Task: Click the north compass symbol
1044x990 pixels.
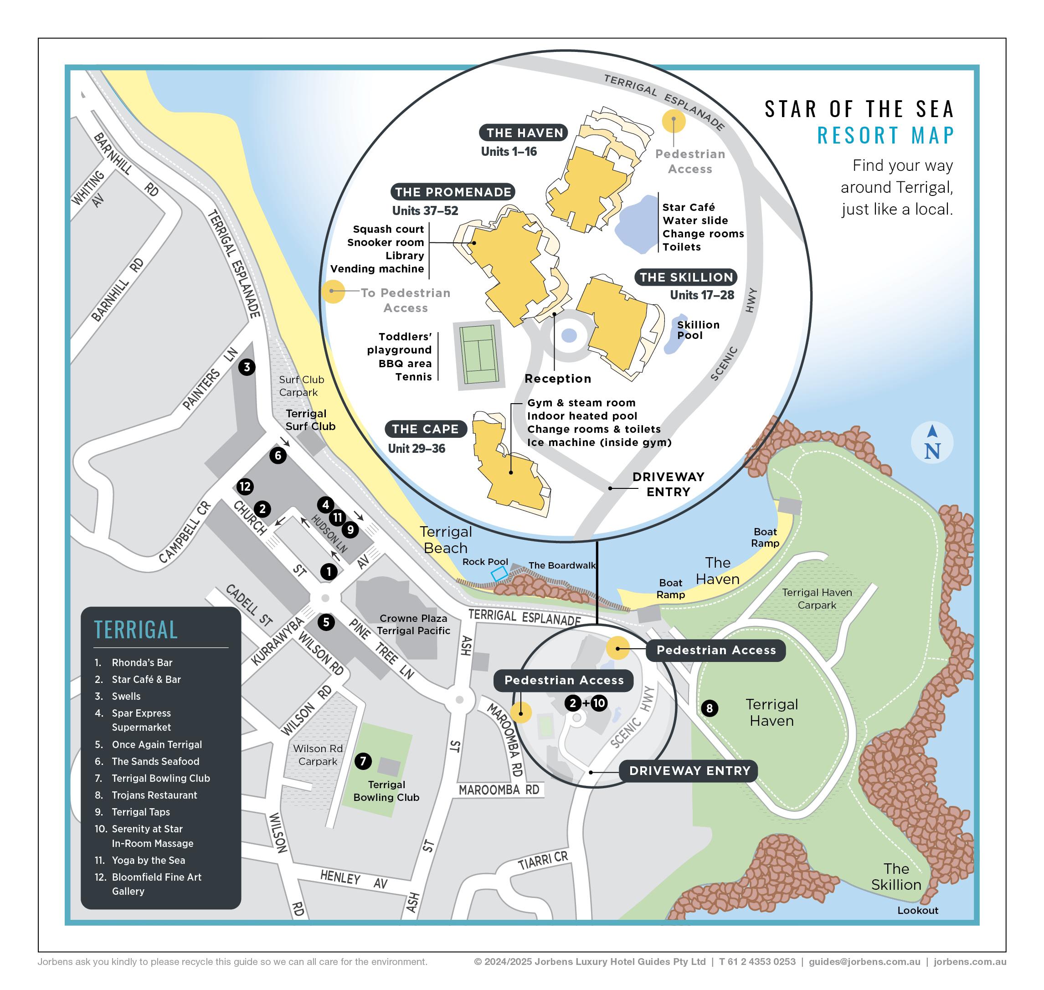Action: click(932, 443)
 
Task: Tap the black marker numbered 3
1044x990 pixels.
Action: click(247, 367)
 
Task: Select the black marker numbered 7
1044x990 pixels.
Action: click(363, 761)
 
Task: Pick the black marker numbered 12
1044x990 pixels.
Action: click(245, 487)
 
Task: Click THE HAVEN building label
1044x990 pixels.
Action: click(524, 133)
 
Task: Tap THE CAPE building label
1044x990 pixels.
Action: click(426, 429)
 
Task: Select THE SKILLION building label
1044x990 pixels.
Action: click(686, 277)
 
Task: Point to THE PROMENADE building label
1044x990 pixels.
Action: click(453, 192)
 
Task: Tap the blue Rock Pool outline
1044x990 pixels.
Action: click(499, 574)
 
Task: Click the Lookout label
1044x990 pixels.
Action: click(917, 910)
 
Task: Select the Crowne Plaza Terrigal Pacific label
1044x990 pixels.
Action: click(413, 624)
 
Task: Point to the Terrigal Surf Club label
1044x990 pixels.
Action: click(310, 420)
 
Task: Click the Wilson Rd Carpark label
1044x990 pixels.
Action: click(318, 754)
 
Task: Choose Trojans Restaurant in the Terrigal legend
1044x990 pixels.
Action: click(154, 795)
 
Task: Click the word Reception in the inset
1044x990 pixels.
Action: click(558, 379)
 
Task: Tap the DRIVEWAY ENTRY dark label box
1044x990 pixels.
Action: click(689, 770)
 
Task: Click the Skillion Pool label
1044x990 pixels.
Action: click(698, 330)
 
